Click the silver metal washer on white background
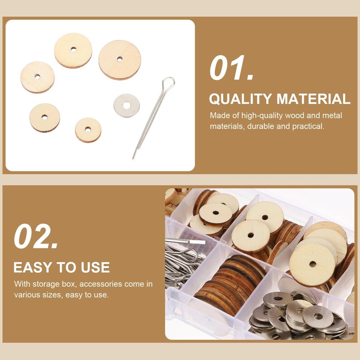click(126, 105)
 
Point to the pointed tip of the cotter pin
click(133, 157)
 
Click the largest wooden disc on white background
click(120, 59)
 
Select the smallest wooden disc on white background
click(88, 130)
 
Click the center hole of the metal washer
click(126, 105)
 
